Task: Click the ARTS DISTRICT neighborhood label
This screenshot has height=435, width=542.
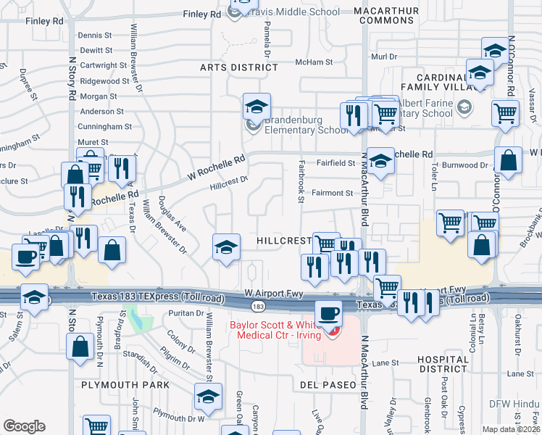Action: coord(239,67)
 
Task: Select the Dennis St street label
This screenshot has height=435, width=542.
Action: coord(95,35)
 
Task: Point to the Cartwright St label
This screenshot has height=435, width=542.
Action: coord(103,65)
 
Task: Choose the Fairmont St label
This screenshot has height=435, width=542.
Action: coord(331,193)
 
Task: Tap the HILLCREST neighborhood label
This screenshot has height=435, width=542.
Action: coord(284,240)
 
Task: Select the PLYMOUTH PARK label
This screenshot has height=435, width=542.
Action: coord(125,384)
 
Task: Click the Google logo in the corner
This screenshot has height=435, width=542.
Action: coord(24,426)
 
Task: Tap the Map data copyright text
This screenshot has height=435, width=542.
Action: coord(512,428)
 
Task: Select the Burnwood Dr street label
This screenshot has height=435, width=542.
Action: coord(466,165)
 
